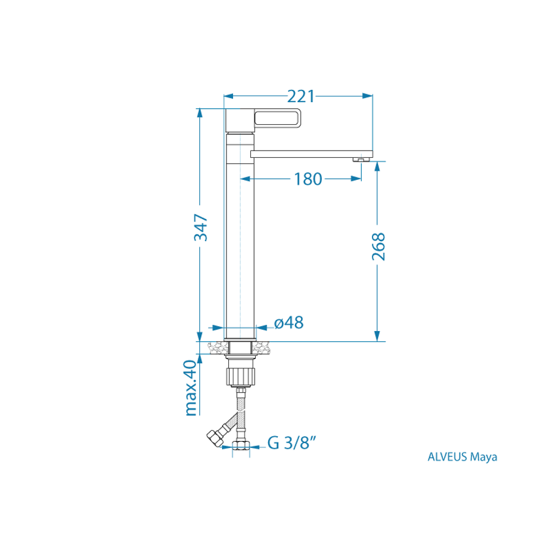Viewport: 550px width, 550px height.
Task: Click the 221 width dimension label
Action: pos(301,96)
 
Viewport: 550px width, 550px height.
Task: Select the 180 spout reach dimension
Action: pos(308,179)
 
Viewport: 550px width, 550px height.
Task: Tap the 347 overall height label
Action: pos(201,228)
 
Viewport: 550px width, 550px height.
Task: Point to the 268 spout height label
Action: pos(379,247)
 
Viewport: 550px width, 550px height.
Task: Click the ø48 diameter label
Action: pos(289,322)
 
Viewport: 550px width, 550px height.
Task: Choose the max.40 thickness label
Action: pos(191,388)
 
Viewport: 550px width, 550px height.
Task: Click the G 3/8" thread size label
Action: pos(292,443)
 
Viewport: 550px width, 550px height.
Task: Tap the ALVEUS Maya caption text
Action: pos(463,456)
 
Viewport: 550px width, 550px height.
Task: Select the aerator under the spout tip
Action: pos(361,160)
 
